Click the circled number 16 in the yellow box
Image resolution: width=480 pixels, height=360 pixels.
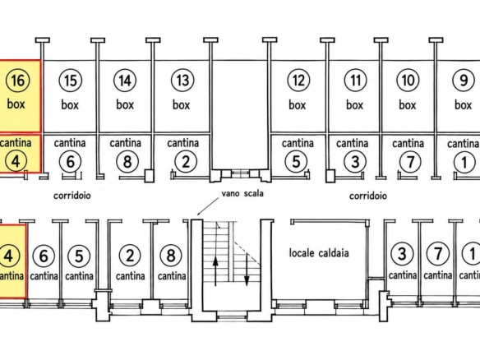(x=18, y=81)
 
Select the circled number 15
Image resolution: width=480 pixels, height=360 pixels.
(x=70, y=81)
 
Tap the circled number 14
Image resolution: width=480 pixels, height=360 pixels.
(x=125, y=81)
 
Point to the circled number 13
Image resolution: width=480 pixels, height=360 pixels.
(x=182, y=81)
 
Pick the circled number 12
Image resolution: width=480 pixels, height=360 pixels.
(x=298, y=81)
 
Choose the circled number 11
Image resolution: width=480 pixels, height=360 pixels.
(x=355, y=81)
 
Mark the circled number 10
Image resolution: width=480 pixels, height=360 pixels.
(x=408, y=81)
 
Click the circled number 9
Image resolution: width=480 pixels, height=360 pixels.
(x=464, y=81)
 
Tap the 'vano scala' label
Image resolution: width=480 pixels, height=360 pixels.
(x=242, y=193)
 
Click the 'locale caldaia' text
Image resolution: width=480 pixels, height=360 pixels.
(x=319, y=253)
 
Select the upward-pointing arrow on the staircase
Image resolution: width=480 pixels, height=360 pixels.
(x=216, y=270)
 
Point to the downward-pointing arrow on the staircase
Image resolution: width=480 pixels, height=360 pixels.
(x=247, y=270)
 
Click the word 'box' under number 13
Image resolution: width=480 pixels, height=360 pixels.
(x=181, y=104)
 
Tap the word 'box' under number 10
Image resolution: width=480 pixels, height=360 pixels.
(x=408, y=104)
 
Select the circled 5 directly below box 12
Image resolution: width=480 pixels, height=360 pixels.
(x=296, y=161)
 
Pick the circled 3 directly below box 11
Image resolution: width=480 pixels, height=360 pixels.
(x=355, y=162)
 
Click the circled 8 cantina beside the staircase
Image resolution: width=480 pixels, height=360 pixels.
(x=172, y=256)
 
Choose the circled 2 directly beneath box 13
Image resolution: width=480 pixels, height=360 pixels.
(x=186, y=161)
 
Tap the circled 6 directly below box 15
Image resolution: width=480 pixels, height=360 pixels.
(x=71, y=161)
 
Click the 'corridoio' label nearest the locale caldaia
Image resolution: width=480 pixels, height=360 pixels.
(x=368, y=196)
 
